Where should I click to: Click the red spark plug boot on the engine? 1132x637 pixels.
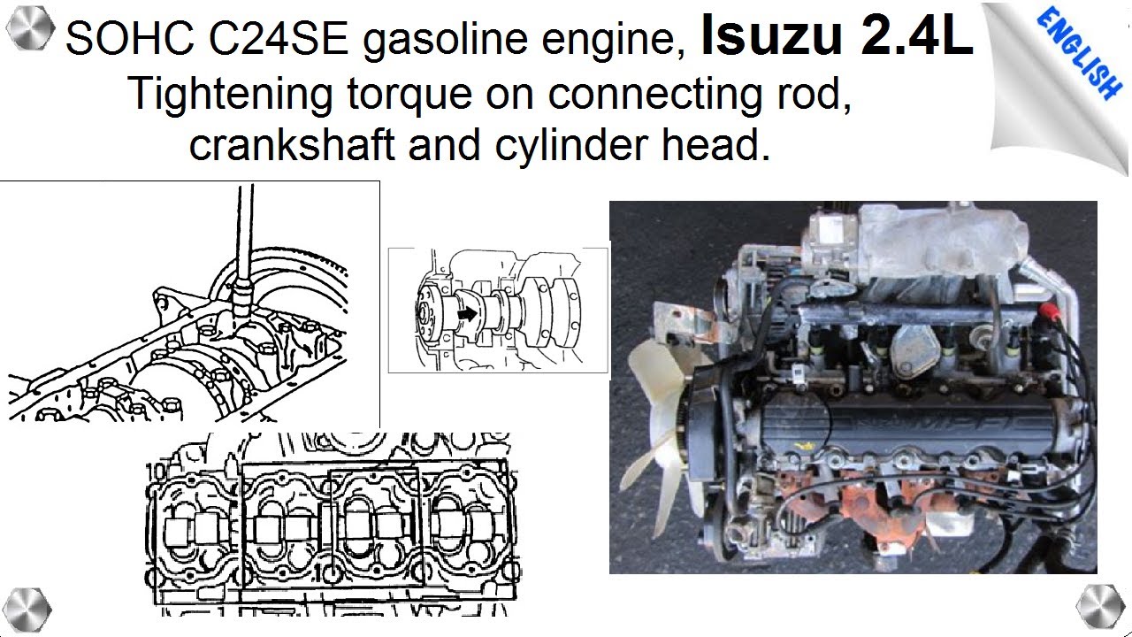(x=1051, y=312)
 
